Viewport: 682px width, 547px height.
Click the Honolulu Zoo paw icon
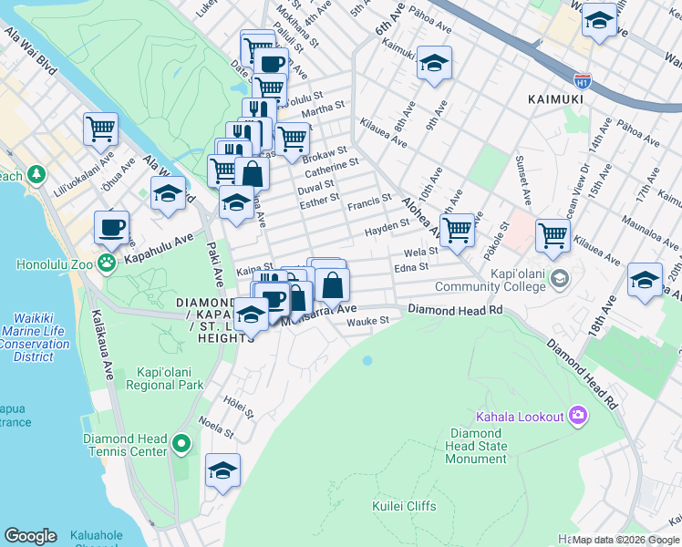(x=108, y=263)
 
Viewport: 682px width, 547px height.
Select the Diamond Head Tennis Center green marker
(x=181, y=445)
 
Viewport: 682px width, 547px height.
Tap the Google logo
(x=30, y=536)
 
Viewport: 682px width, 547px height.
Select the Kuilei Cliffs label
(x=404, y=506)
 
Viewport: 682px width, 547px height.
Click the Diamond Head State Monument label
(x=476, y=446)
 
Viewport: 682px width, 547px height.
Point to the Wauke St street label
(x=367, y=321)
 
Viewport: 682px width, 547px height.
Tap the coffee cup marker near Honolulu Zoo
(x=111, y=227)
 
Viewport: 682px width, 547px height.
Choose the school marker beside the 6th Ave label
(x=434, y=64)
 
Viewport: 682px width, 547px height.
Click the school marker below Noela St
(x=222, y=471)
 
